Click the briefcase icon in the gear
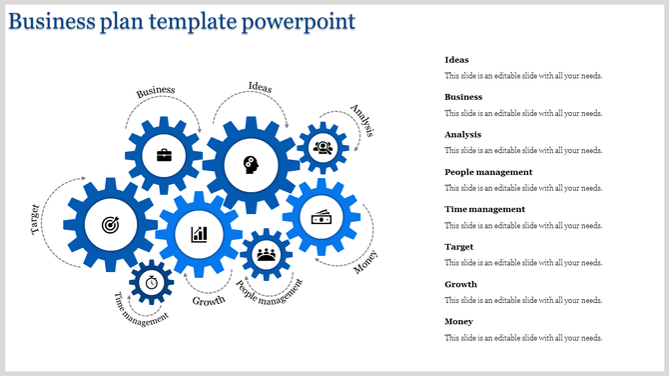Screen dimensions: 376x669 163,155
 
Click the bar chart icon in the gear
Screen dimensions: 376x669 200,234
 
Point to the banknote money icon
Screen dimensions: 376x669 322,217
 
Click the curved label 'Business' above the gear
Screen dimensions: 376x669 156,91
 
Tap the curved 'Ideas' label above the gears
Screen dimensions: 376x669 260,86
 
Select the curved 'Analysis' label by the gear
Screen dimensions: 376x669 361,120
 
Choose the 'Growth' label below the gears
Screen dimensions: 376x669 209,300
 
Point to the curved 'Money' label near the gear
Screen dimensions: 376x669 366,261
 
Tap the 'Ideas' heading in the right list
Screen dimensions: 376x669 456,60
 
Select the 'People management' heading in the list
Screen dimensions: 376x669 488,172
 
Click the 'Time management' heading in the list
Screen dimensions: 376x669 484,209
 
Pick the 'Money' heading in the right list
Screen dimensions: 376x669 459,321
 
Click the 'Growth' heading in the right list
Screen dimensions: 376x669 460,284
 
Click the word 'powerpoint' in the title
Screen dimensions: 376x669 305,20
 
